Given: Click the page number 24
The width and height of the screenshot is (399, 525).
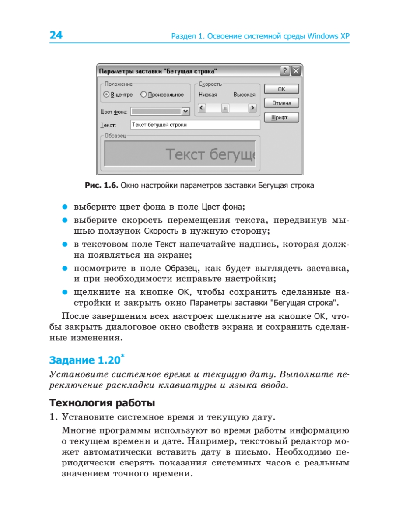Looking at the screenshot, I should coord(56,35).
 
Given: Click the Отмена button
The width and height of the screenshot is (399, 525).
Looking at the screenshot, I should coord(281,104).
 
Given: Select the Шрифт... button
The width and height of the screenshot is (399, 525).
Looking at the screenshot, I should coord(281,118).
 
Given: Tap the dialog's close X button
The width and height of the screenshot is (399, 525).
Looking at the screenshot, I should coord(296,71).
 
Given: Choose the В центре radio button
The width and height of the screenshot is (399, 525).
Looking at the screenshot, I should coord(106,94).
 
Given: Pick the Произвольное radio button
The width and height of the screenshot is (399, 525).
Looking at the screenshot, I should coord(143,94).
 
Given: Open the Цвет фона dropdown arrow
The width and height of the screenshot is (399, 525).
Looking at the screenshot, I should coord(185,112).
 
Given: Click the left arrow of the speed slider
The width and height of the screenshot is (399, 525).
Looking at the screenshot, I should coord(201,108).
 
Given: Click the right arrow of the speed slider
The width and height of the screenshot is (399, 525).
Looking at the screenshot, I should coord(252,108).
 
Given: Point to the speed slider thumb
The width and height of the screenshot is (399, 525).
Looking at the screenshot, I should coord(225,108).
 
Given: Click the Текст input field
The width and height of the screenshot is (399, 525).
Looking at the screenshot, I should coord(195,125).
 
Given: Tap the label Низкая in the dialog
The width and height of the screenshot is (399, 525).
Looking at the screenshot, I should coord(208,94).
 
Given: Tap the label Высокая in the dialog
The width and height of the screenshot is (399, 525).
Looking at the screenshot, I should coord(244,94).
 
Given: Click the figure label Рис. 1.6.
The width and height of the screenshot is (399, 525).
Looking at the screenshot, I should coord(101,185).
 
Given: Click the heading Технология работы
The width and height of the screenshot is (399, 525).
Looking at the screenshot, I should coord(102,402).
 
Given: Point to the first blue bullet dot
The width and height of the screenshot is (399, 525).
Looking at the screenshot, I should coord(64,206).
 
